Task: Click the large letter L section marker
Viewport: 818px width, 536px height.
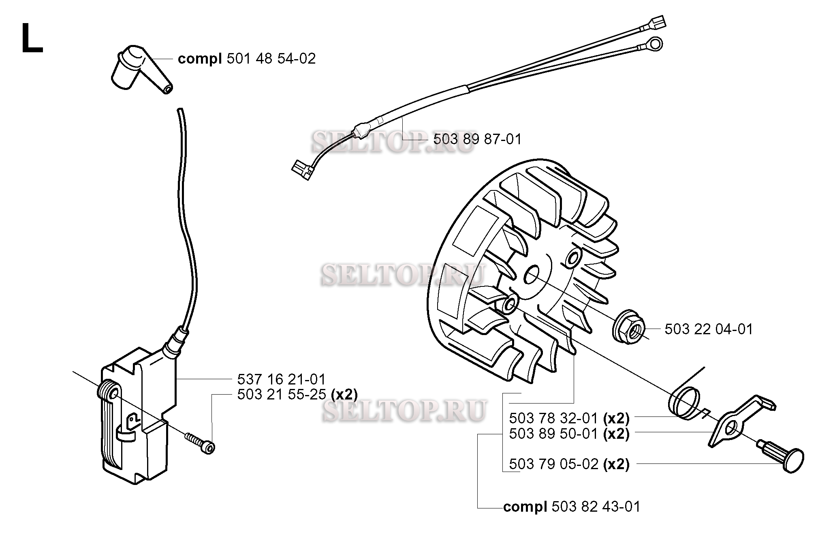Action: pos(32,38)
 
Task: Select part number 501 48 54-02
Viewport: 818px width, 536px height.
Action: pos(271,59)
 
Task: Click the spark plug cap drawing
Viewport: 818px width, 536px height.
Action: pos(140,70)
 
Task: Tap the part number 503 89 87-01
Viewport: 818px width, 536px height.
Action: pos(477,139)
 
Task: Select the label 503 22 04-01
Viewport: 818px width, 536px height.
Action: pos(709,329)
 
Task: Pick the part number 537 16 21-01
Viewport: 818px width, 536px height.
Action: pos(281,380)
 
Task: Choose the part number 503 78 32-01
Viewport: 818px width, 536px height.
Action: pos(553,418)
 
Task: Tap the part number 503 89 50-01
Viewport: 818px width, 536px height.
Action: pos(553,433)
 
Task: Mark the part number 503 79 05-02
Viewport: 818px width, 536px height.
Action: pos(553,464)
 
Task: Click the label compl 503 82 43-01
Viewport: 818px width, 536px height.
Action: pos(572,507)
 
